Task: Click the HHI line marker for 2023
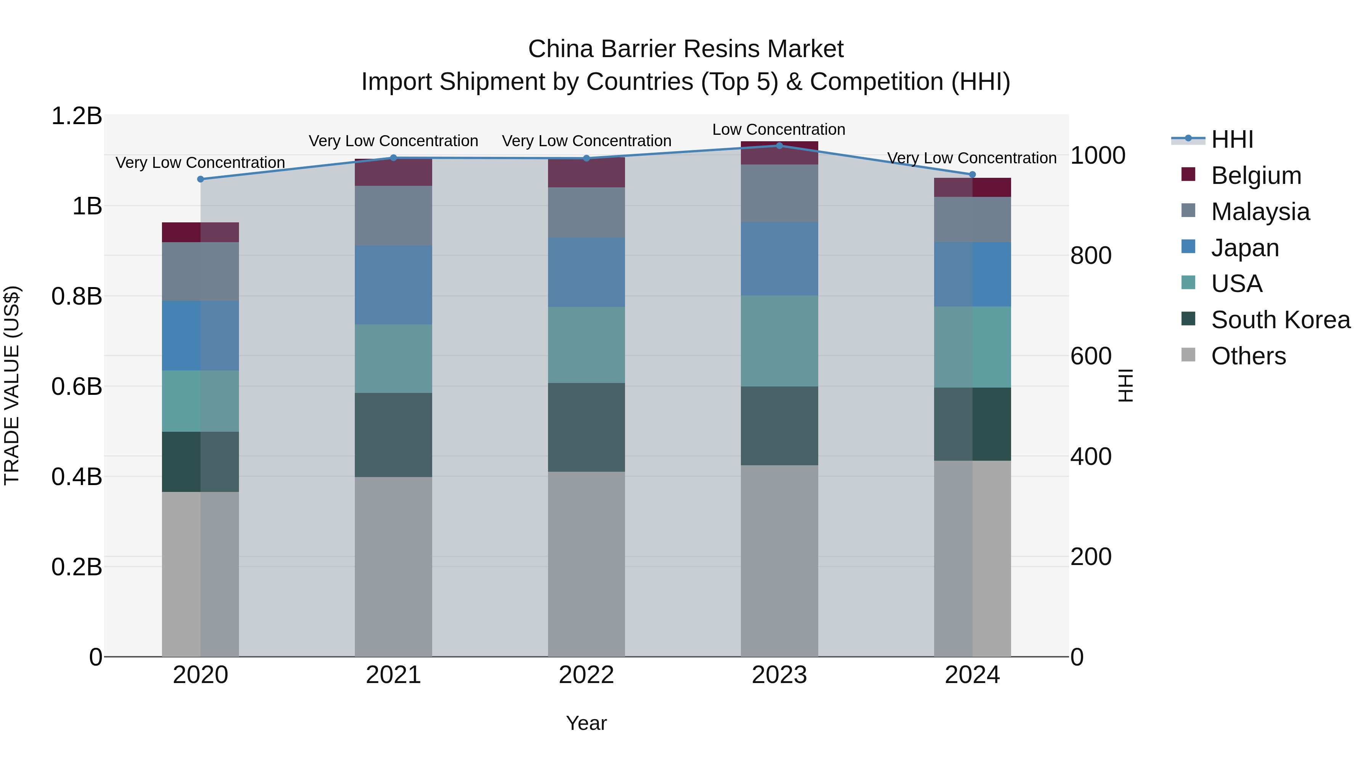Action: pyautogui.click(x=779, y=146)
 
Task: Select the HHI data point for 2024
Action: pyautogui.click(x=972, y=174)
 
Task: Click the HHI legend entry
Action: pyautogui.click(x=1232, y=139)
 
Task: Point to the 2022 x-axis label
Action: pyautogui.click(x=587, y=675)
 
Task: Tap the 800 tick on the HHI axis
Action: pyautogui.click(x=1091, y=256)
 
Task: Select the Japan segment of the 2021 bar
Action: pyautogui.click(x=394, y=285)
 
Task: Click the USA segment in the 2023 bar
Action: pyautogui.click(x=779, y=341)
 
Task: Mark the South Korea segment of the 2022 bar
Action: pyautogui.click(x=587, y=427)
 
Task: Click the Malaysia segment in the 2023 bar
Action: pyautogui.click(x=779, y=193)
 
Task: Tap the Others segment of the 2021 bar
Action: pyautogui.click(x=394, y=567)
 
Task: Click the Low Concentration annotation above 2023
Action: pyautogui.click(x=779, y=130)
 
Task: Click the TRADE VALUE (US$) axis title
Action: pyautogui.click(x=12, y=386)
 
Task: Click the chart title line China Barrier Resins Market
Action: pyautogui.click(x=686, y=49)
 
